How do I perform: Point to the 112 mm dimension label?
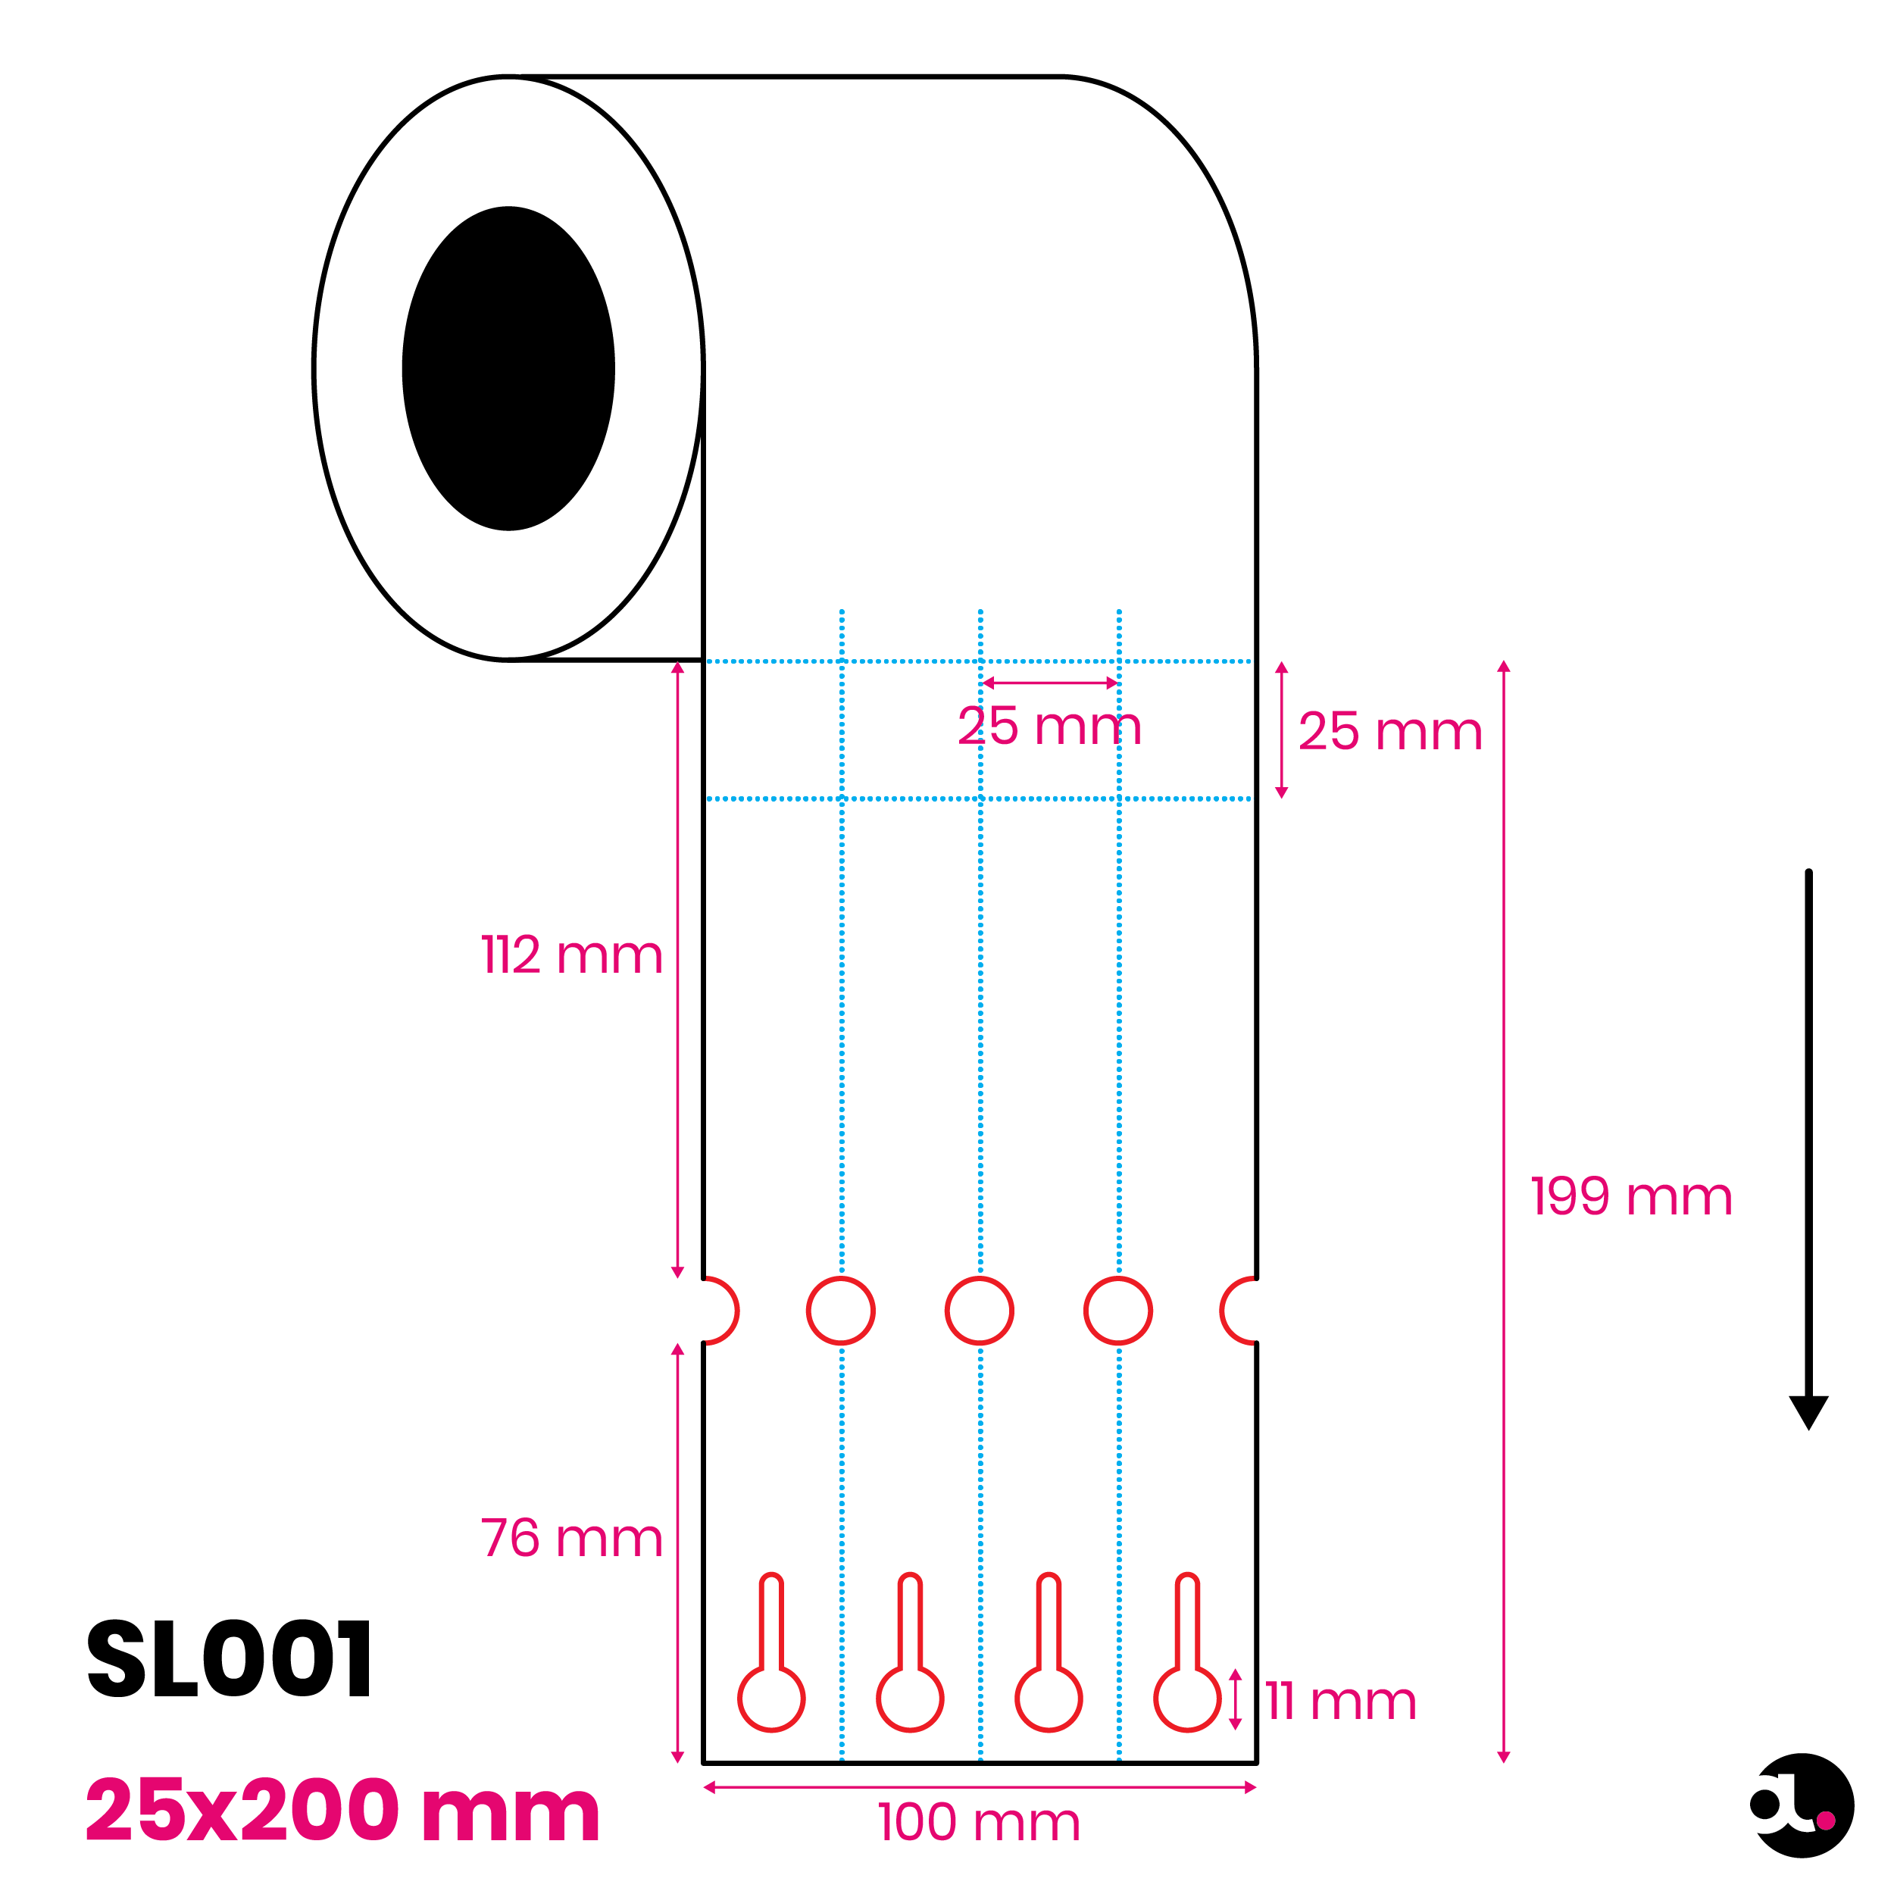[x=571, y=955]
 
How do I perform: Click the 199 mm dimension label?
[x=1631, y=1197]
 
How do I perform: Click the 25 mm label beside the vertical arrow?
[x=1390, y=731]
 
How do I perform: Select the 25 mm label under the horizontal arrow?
[x=1050, y=727]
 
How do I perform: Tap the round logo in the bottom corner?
[x=1802, y=1806]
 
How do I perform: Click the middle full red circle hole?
[x=980, y=1277]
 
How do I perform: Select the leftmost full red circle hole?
[x=841, y=1277]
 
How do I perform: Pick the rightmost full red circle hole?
[x=1117, y=1277]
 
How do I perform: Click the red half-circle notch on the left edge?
[x=737, y=1311]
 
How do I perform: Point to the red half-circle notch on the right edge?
[x=1221, y=1311]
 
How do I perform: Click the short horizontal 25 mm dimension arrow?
[x=1050, y=683]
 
